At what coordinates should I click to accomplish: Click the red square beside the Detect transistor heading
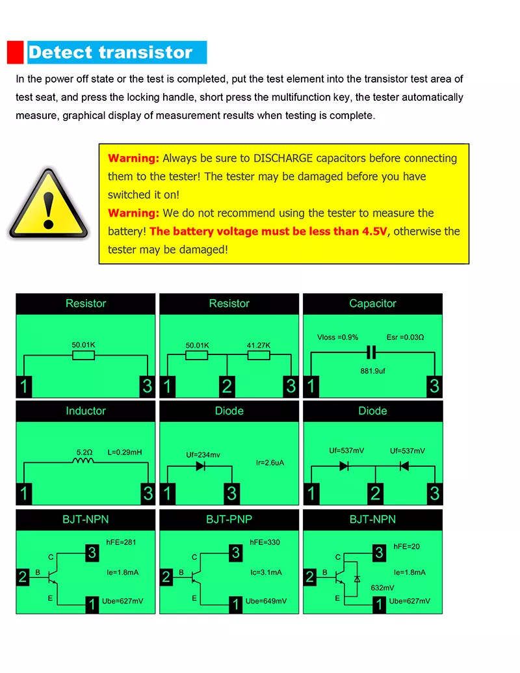click(16, 52)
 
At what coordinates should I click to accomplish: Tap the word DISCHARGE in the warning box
click(283, 158)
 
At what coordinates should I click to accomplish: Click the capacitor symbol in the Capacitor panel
click(372, 352)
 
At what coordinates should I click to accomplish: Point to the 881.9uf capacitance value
click(373, 373)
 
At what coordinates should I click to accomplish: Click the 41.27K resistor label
click(258, 345)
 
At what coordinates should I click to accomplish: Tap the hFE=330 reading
click(265, 542)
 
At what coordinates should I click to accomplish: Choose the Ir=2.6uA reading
click(270, 463)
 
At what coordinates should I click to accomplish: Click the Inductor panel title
click(85, 411)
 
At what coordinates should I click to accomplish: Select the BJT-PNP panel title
click(229, 520)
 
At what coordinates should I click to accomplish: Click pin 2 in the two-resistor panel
click(226, 386)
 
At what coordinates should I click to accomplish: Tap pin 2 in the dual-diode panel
click(374, 493)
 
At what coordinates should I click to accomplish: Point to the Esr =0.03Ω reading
click(405, 337)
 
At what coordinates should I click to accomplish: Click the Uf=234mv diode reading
click(202, 455)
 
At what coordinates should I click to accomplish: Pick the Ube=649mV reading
click(265, 601)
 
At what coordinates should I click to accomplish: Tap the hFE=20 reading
click(406, 547)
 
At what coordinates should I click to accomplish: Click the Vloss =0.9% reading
click(338, 337)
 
